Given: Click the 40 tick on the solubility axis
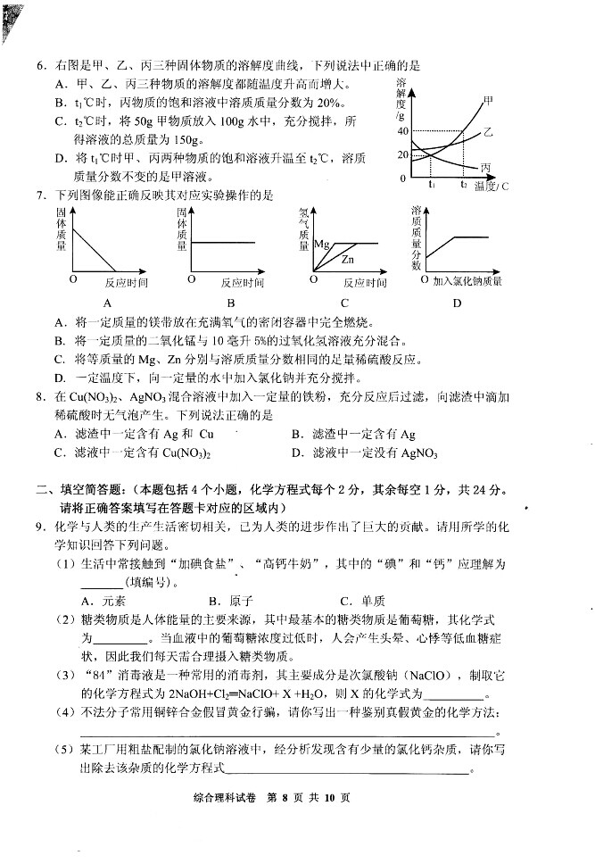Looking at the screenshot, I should (401, 132).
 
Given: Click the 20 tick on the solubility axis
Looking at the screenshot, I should (401, 155).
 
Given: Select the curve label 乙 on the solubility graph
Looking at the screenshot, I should (488, 132).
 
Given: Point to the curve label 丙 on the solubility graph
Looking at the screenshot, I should (486, 168).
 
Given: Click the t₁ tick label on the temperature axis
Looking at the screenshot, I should (432, 185).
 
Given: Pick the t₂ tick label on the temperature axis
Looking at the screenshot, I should (464, 185).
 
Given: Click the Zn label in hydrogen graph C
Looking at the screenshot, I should (350, 260).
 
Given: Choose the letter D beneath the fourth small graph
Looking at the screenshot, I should (457, 303).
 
